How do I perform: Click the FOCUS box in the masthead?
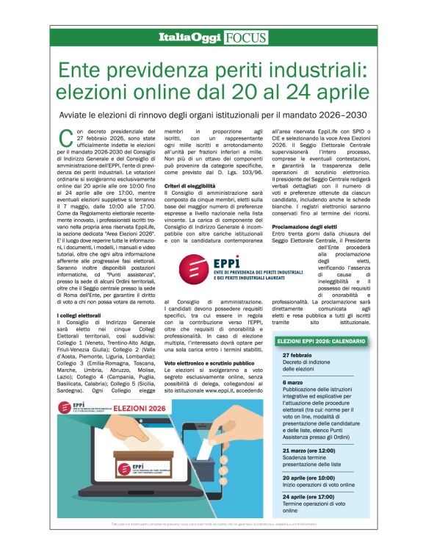[x=247, y=37]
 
